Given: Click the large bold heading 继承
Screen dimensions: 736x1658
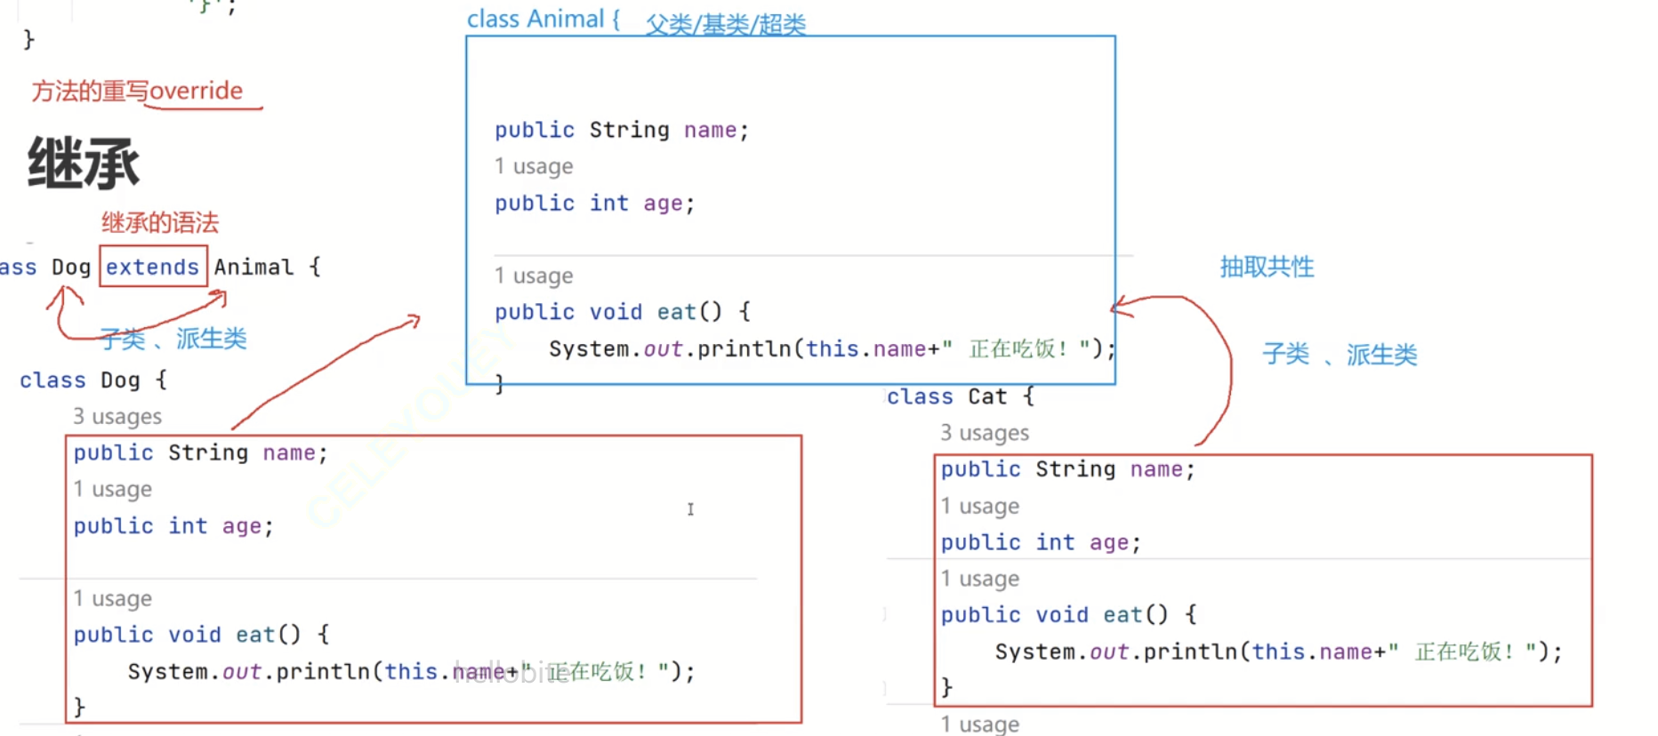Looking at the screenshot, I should (84, 164).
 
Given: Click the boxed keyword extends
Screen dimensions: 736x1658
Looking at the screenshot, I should (152, 267).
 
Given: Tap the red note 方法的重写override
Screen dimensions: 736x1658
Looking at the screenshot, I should (137, 91).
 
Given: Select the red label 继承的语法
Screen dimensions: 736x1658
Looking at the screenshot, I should (160, 222).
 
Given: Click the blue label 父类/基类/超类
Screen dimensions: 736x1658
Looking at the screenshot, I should (726, 24).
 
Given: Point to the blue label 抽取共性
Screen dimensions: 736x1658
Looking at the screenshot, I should (1267, 267).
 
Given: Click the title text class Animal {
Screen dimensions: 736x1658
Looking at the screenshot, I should (543, 19).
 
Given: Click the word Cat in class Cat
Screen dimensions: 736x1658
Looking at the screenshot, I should (987, 396).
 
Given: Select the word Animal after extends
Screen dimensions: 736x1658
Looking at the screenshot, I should (254, 267).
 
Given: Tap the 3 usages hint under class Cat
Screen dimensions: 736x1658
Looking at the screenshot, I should (985, 433).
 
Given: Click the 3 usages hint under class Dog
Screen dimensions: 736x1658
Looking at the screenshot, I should (117, 417).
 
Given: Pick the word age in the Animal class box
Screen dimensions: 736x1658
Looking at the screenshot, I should (663, 204).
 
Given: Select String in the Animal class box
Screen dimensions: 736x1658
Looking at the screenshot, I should (629, 130).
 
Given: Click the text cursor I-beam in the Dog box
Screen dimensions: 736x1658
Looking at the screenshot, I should (690, 508).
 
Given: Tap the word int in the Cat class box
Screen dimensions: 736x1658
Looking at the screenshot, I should (1055, 542).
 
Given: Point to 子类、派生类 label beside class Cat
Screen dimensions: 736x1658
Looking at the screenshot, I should (1339, 355).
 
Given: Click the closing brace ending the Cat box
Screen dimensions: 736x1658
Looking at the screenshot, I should (946, 687).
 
